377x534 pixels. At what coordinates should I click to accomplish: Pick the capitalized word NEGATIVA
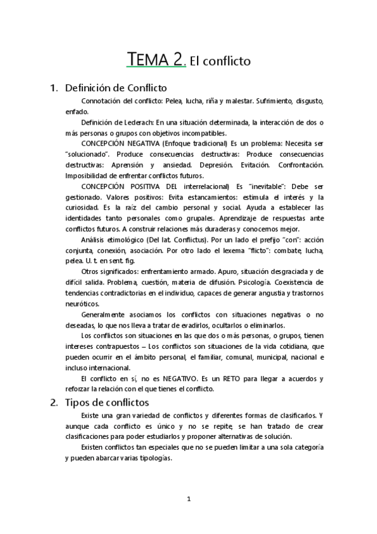pos(142,144)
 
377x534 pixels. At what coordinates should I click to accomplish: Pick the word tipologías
pos(150,458)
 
